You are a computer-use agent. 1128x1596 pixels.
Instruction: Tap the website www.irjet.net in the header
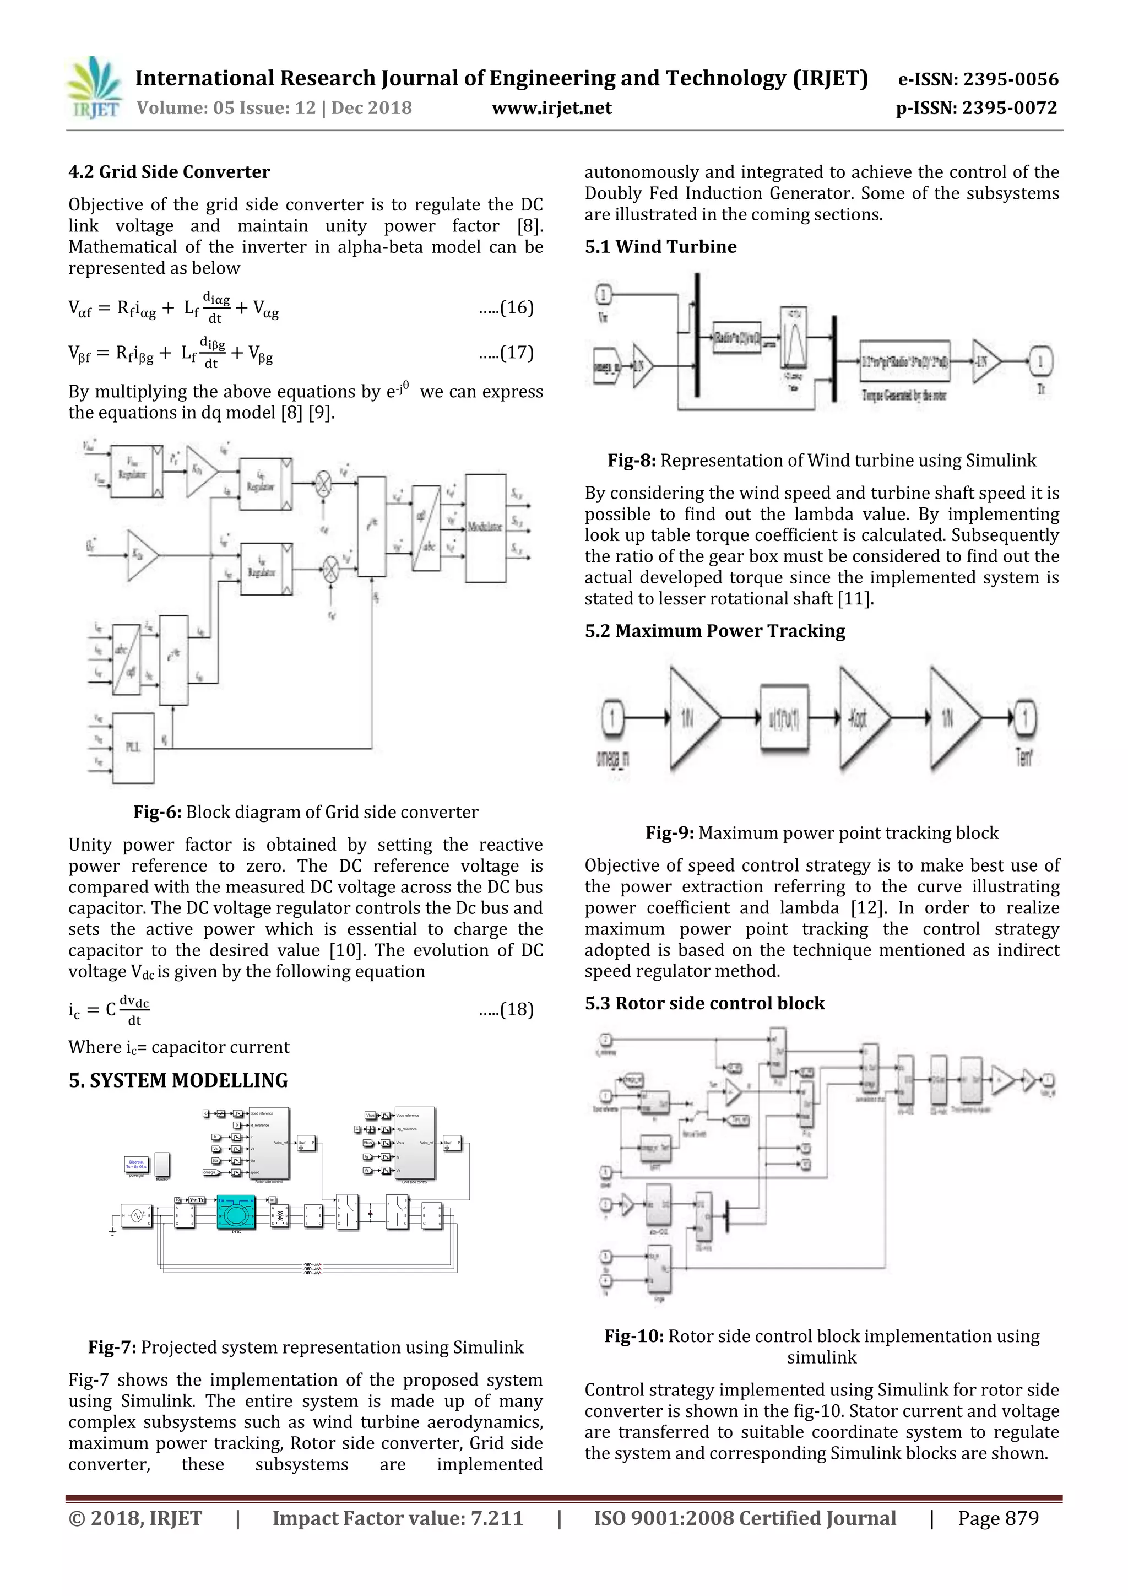pyautogui.click(x=551, y=109)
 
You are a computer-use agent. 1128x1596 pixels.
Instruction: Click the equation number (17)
pyautogui.click(x=516, y=353)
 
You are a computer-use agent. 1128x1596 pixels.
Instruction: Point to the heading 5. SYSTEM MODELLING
pyautogui.click(x=178, y=1080)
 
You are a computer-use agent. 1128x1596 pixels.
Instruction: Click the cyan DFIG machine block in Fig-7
pyautogui.click(x=236, y=1213)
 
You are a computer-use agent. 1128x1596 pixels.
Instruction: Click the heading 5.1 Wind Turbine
pyautogui.click(x=660, y=247)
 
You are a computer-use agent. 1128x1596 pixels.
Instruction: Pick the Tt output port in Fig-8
pyautogui.click(x=1040, y=361)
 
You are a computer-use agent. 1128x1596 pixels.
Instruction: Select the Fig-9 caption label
pyautogui.click(x=669, y=833)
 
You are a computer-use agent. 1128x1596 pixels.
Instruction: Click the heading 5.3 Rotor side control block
pyautogui.click(x=704, y=1003)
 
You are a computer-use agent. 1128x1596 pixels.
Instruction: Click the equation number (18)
pyautogui.click(x=516, y=1009)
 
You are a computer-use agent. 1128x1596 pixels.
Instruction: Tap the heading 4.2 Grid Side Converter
pyautogui.click(x=169, y=172)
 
